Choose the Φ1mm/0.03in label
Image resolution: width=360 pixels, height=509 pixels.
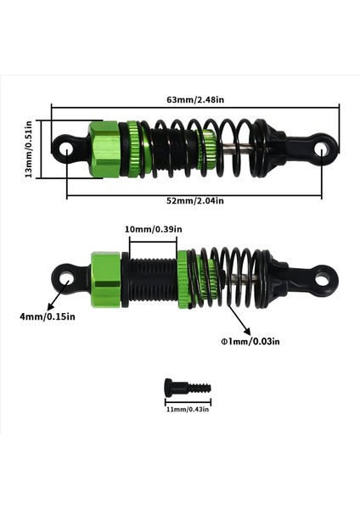[248, 342]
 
